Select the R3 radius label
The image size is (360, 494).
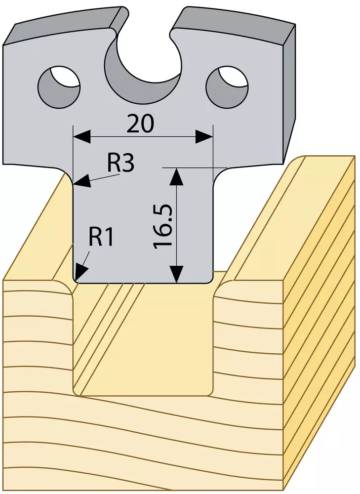point(120,164)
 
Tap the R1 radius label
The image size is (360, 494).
point(101,237)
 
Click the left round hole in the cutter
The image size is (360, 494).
point(59,86)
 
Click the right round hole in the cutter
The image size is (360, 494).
point(227,86)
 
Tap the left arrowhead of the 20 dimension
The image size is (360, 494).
point(82,137)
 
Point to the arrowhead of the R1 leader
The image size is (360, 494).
point(81,271)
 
